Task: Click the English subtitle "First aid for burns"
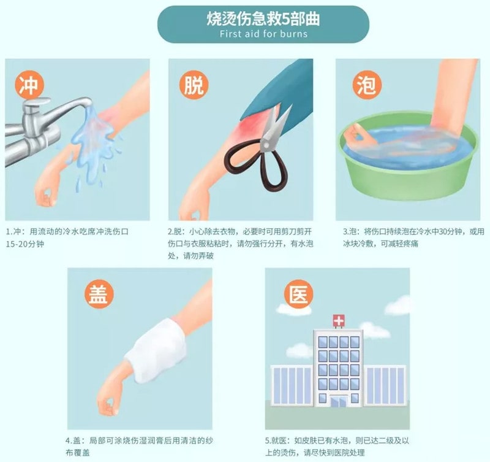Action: [x=263, y=34]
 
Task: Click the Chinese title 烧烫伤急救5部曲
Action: [x=263, y=18]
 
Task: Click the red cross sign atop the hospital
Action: [x=338, y=320]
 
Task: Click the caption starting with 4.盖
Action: [x=139, y=446]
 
